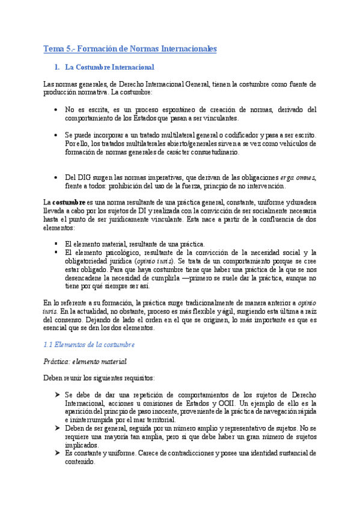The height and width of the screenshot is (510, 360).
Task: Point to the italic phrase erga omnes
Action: (x=298, y=177)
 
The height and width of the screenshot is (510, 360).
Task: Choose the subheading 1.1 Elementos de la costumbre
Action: (x=90, y=345)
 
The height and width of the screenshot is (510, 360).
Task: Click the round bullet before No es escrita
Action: (x=55, y=110)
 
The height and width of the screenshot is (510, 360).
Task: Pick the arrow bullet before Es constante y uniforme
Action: (x=55, y=453)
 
